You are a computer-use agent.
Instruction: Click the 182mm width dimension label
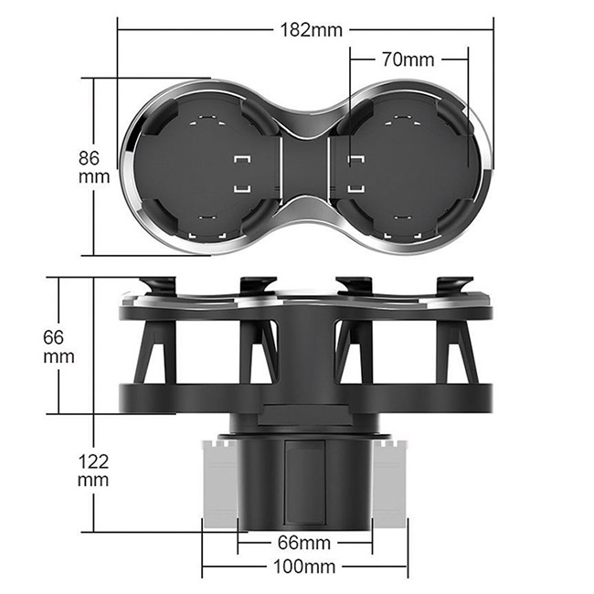(311, 30)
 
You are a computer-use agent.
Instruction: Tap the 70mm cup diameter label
(408, 59)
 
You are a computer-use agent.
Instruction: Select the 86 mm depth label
(93, 167)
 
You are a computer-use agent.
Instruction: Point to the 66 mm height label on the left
(58, 346)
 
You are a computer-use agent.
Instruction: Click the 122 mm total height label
(93, 471)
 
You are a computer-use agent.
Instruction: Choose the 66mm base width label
(304, 543)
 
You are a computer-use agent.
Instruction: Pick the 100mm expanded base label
(304, 567)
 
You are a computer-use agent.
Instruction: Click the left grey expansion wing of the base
(220, 484)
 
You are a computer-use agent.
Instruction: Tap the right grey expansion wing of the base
(390, 484)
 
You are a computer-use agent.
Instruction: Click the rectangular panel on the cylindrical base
(305, 482)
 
